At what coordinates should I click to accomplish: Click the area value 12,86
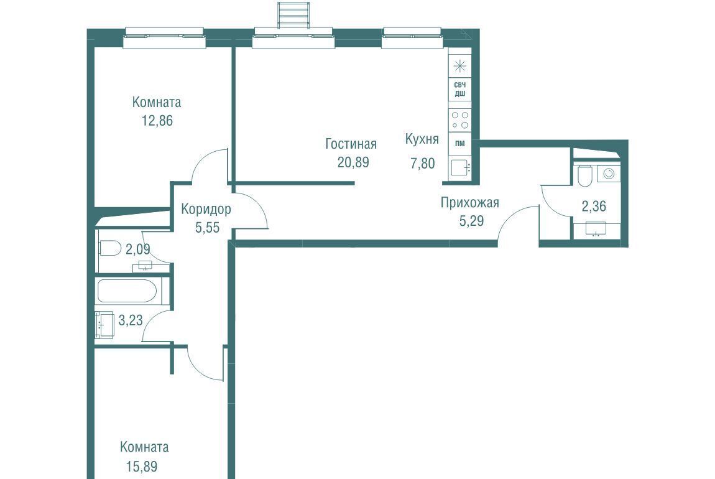tap(157, 121)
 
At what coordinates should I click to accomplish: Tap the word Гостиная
tap(351, 144)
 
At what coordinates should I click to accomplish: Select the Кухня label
tap(422, 139)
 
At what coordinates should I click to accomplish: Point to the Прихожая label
tap(469, 202)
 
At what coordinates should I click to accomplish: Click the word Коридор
tap(206, 210)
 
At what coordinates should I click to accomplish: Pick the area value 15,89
tap(141, 467)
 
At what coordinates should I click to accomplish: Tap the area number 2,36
tap(594, 206)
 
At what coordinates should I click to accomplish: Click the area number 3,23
tap(131, 320)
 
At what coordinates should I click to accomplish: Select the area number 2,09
tap(137, 249)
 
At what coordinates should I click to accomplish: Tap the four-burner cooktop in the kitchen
tap(460, 120)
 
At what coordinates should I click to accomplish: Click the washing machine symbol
tap(608, 174)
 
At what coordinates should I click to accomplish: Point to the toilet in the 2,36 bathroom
tap(584, 175)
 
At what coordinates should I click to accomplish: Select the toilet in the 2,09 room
tap(109, 248)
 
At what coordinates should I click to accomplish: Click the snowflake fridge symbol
tap(460, 67)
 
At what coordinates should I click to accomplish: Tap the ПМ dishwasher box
tap(460, 144)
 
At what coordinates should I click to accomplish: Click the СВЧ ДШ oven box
tap(460, 90)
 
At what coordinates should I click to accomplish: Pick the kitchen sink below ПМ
tap(460, 167)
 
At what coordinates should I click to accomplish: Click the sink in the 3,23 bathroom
tap(105, 325)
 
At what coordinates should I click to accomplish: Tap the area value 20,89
tap(353, 162)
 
